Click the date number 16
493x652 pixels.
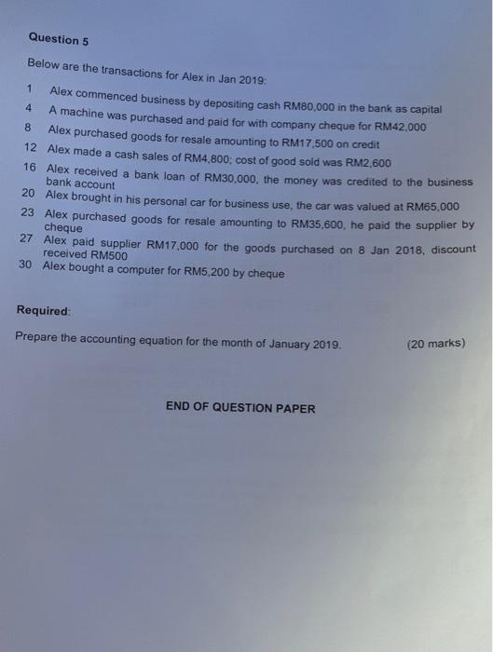29,166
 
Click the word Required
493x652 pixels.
43,310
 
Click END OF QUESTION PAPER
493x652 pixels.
240,408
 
